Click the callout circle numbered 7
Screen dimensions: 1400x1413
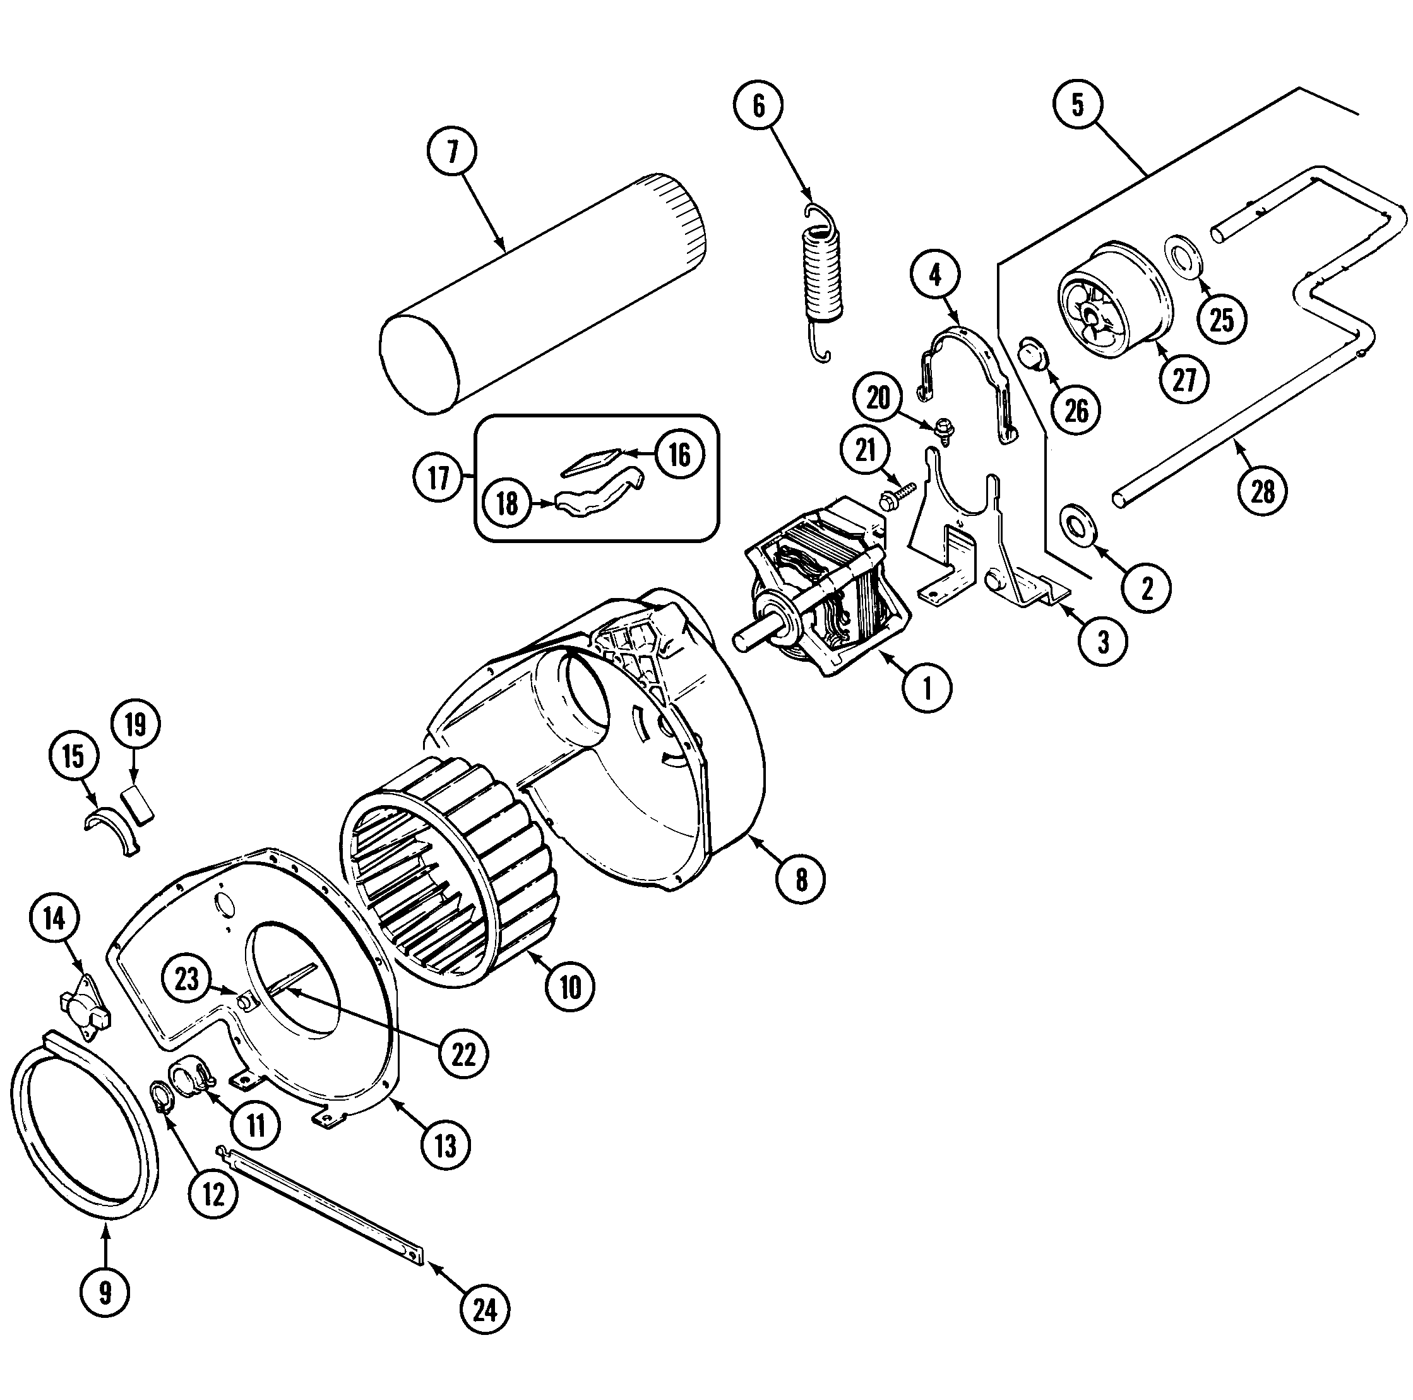451,152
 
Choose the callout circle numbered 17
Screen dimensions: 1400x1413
438,479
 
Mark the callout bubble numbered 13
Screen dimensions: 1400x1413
445,1146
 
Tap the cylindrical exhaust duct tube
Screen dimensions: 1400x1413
541,292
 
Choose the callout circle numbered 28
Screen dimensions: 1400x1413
1262,491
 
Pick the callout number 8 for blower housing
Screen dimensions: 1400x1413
801,879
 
